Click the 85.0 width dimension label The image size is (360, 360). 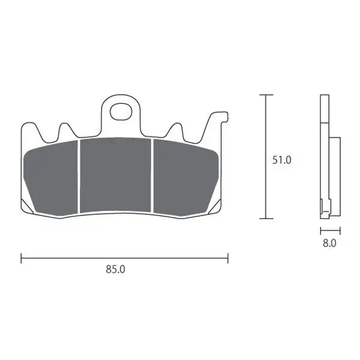[x=115, y=269]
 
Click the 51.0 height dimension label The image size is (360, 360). [x=282, y=160]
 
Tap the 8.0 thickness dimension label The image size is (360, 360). [x=329, y=243]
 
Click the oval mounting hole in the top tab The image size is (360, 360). [x=121, y=112]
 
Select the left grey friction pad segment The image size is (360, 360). [x=51, y=177]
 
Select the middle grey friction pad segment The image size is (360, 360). [x=115, y=175]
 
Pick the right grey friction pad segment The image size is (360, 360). [x=185, y=177]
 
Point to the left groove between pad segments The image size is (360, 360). [x=79, y=176]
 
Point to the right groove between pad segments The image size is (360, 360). [x=152, y=176]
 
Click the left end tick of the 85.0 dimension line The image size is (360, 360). [x=21, y=258]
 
